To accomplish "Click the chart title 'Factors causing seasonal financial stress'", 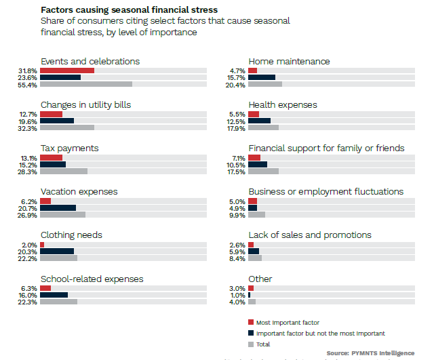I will point(129,10).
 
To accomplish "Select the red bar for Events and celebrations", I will point(66,71).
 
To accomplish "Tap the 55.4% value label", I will point(28,85).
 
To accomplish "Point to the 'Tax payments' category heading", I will point(69,148).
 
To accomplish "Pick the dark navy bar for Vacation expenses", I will point(58,208).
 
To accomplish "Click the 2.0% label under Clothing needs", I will point(30,245).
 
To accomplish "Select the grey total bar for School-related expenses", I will point(58,302).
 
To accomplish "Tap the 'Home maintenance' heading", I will point(289,62).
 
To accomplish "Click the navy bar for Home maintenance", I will point(262,77).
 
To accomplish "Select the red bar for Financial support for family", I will point(254,157).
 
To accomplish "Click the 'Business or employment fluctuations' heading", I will point(325,192).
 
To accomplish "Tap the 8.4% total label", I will point(237,258).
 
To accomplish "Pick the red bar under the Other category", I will point(251,288).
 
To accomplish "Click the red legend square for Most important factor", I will point(251,322).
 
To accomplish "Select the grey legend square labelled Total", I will point(251,344).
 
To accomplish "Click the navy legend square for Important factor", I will point(251,334).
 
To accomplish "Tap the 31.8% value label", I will point(28,71).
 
